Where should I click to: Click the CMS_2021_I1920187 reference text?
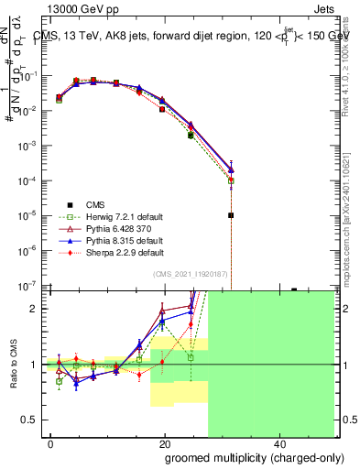(191, 275)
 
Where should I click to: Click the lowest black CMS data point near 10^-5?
(232, 215)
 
